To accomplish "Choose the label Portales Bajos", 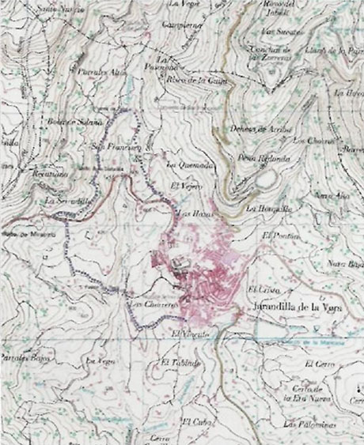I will pyautogui.click(x=25, y=358).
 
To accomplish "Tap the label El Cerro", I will pyautogui.click(x=320, y=365).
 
